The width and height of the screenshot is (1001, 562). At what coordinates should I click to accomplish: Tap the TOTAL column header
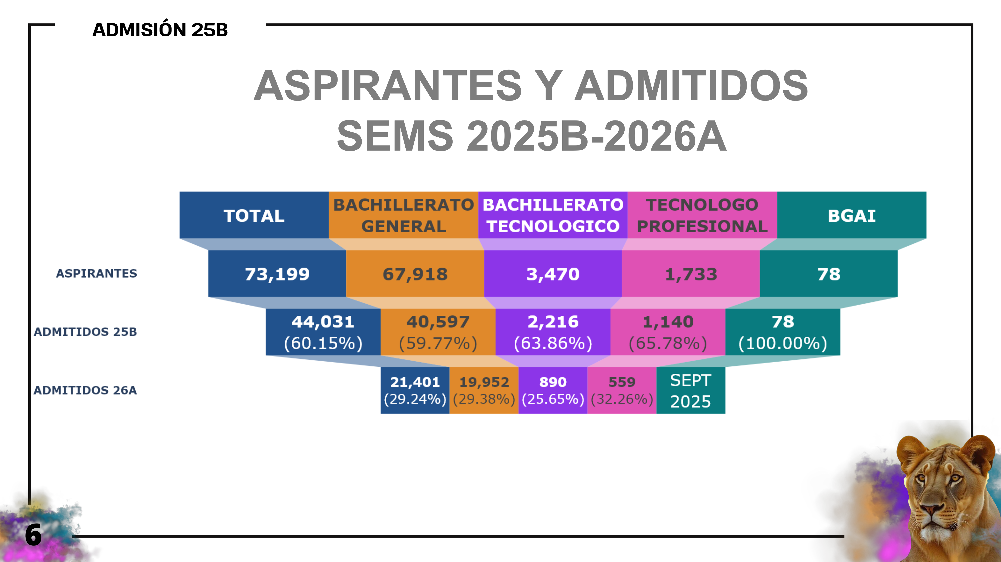[254, 215]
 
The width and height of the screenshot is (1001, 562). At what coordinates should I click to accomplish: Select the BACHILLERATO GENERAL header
[403, 215]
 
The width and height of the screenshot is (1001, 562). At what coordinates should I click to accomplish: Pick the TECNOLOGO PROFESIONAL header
[702, 215]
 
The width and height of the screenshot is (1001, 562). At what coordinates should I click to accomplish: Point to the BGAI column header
[851, 215]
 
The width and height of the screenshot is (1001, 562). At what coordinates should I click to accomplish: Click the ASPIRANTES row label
[96, 273]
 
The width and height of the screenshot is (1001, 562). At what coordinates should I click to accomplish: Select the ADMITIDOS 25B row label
[85, 332]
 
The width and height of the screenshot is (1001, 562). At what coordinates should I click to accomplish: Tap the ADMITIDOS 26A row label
[85, 390]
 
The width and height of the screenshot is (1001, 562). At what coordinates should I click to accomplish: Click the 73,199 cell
[277, 274]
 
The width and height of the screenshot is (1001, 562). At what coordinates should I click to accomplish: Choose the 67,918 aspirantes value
[415, 274]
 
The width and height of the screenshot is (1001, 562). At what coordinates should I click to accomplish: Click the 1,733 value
[691, 274]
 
